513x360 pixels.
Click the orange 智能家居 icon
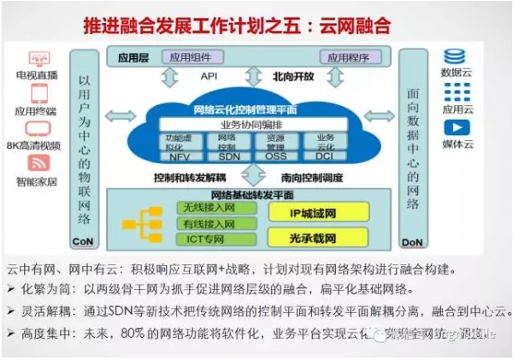click(x=37, y=162)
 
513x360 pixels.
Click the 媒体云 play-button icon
click(x=454, y=127)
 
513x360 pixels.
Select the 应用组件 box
click(x=190, y=57)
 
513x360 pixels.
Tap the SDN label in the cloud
click(x=228, y=156)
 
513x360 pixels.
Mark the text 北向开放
click(x=293, y=76)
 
